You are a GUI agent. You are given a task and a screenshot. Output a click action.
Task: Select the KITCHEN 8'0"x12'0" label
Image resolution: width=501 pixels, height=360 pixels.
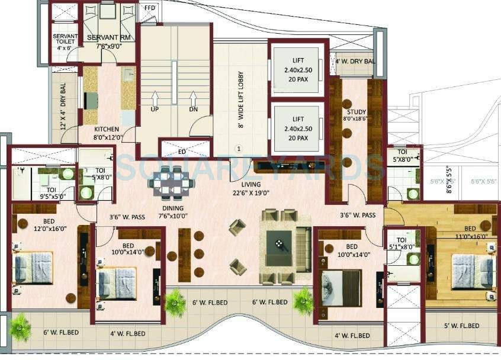[107, 133]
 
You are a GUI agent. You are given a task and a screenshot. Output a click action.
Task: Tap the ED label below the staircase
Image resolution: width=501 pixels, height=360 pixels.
[182, 152]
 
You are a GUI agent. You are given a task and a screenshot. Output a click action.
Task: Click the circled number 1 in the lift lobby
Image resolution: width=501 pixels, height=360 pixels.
[239, 149]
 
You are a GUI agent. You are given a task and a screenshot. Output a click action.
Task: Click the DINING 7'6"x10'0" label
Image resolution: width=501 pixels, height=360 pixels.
[171, 212]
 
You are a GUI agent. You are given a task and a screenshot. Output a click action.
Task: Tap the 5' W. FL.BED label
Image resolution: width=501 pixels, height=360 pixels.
[461, 326]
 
